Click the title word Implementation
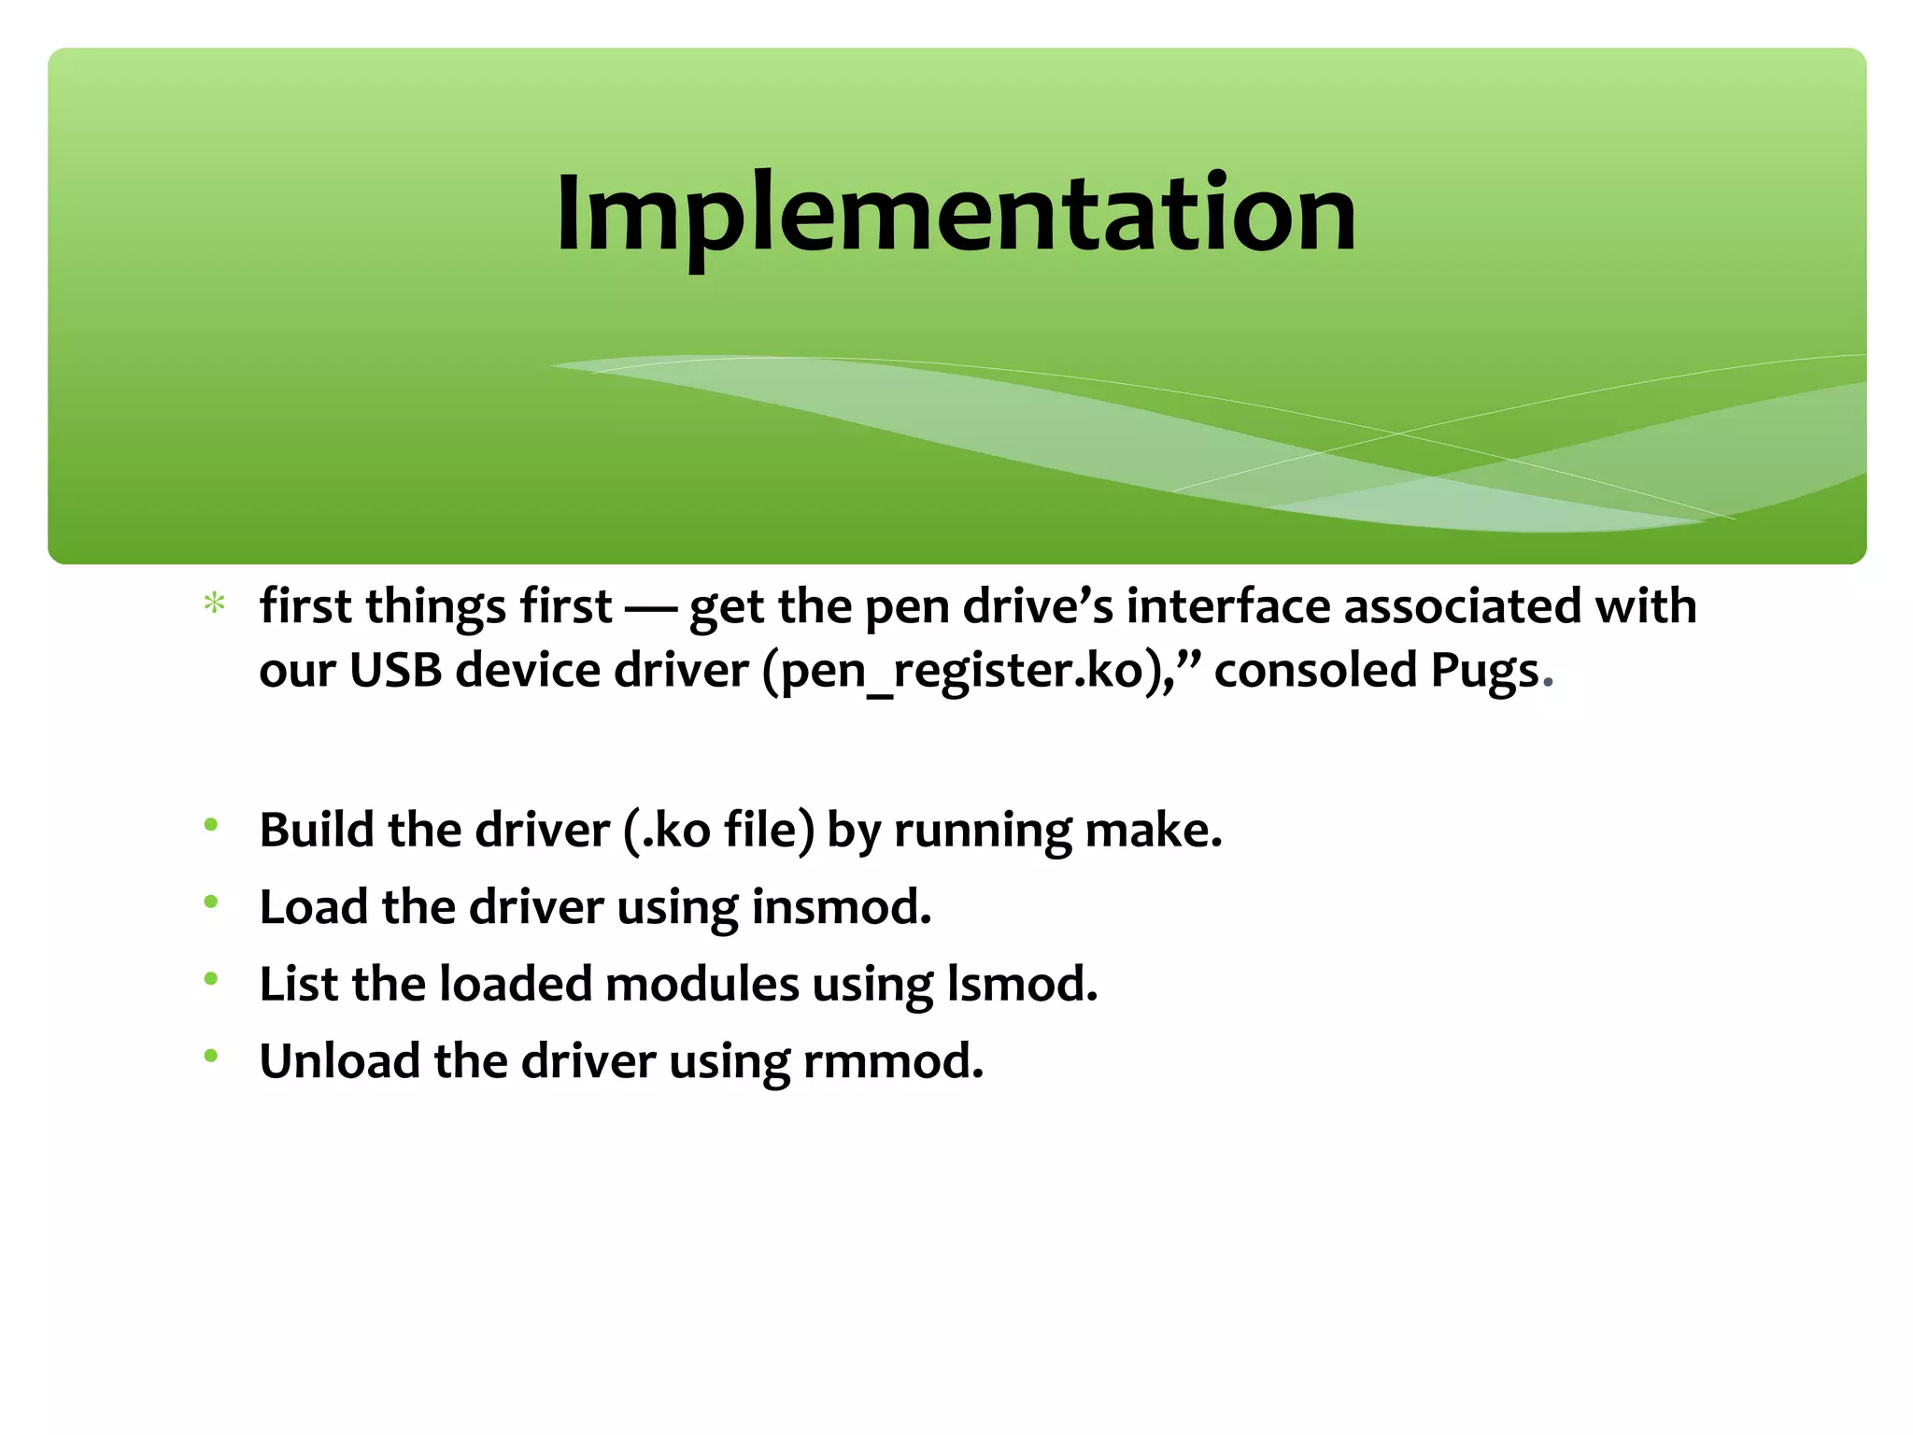tap(955, 215)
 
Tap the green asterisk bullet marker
tap(215, 604)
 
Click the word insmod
tap(841, 907)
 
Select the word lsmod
tap(1022, 984)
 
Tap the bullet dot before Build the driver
tap(211, 825)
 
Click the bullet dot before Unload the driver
tap(211, 1057)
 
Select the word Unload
tap(339, 1061)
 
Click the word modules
tap(701, 984)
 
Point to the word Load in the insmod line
tap(313, 907)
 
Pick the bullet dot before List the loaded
tap(211, 979)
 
